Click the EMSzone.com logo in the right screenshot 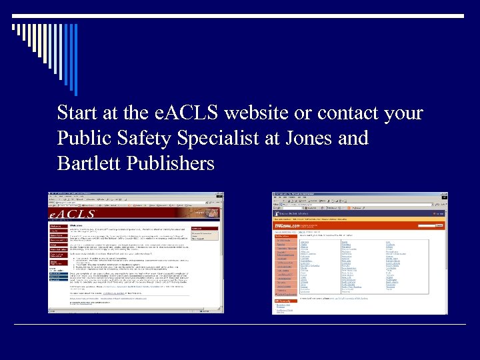coord(288,226)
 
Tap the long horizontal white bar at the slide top coord(240,15)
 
